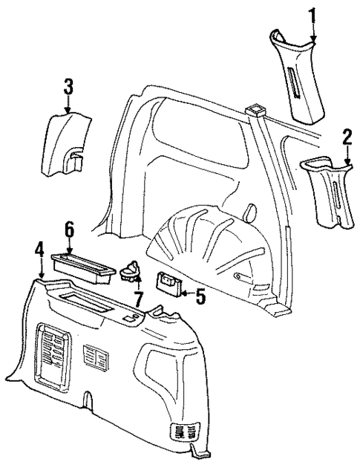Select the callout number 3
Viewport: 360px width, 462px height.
[x=68, y=86]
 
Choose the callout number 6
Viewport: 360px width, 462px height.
[x=69, y=229]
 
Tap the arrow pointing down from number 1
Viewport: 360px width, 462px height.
[x=313, y=33]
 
